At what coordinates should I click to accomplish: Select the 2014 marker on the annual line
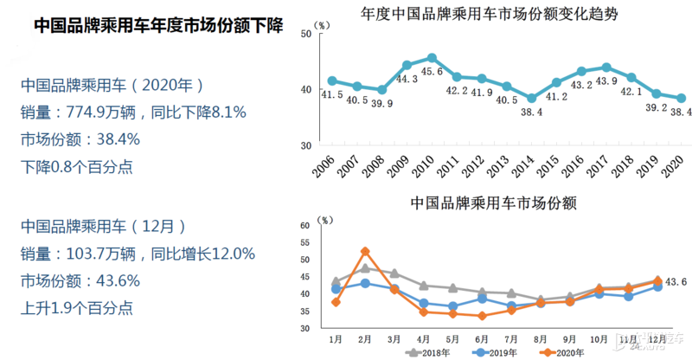click(531, 98)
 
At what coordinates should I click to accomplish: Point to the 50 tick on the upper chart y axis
click(304, 34)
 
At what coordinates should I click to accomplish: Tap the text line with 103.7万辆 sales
click(137, 254)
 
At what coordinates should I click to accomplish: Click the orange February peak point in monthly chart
click(365, 252)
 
